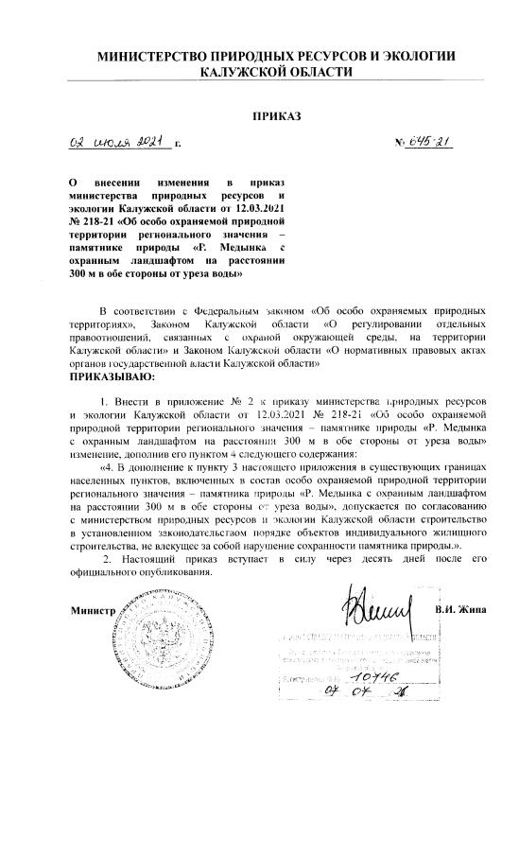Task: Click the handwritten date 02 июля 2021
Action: click(113, 144)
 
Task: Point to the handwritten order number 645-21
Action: click(427, 143)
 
